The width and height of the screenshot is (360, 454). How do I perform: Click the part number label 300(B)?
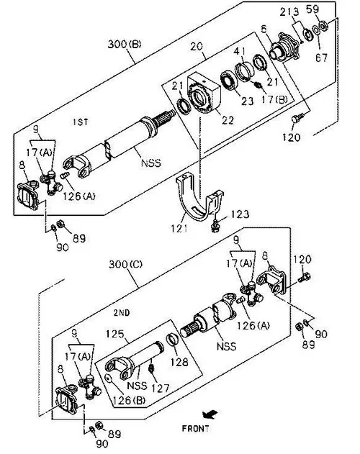[x=125, y=44]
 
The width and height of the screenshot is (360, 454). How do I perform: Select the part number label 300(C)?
[x=125, y=264]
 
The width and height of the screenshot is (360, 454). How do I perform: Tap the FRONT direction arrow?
[x=210, y=414]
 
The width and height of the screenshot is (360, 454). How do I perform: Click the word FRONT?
[x=195, y=428]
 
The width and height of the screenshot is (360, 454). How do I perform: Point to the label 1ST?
[x=81, y=122]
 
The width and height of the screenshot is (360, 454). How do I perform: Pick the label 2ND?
[x=122, y=313]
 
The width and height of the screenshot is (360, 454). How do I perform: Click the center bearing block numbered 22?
[x=204, y=94]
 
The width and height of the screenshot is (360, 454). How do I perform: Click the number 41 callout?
[x=240, y=51]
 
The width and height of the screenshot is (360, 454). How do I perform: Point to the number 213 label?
[x=289, y=12]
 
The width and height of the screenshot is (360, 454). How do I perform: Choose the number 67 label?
[x=321, y=58]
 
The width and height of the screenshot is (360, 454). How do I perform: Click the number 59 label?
[x=312, y=9]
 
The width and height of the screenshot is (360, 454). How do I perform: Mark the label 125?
[x=114, y=334]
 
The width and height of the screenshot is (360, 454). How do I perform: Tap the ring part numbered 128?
[x=173, y=340]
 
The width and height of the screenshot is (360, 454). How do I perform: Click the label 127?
[x=161, y=388]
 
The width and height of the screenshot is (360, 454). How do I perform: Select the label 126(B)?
[x=129, y=400]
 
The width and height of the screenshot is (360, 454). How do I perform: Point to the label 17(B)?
[x=274, y=99]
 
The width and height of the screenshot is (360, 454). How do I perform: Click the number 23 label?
[x=247, y=101]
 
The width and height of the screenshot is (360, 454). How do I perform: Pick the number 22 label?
[x=228, y=120]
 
